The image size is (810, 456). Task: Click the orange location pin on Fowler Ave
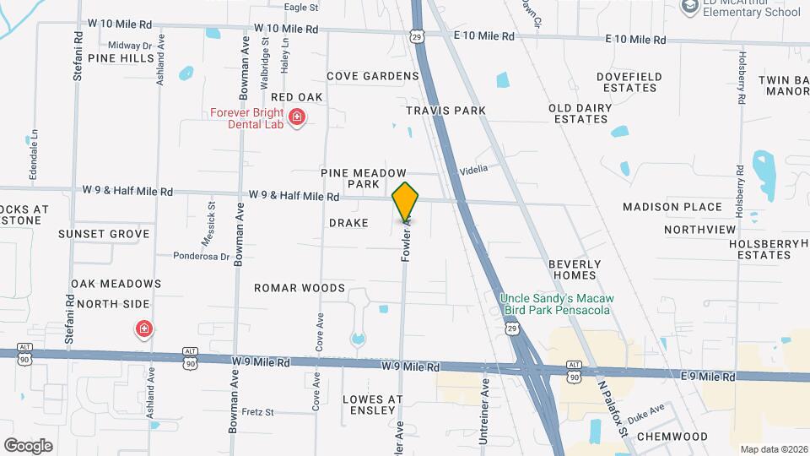406,202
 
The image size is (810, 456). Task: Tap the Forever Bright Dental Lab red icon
297,117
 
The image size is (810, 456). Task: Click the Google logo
28,445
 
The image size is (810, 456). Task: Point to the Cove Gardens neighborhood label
373,76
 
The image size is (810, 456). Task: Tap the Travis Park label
446,111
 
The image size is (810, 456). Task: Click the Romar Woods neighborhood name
300,288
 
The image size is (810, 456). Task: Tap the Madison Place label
672,207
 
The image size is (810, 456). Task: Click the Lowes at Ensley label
373,404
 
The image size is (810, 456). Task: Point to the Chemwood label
672,436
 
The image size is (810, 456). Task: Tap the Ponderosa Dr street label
202,256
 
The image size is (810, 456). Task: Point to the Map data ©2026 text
773,448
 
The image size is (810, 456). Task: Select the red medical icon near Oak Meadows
144,328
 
